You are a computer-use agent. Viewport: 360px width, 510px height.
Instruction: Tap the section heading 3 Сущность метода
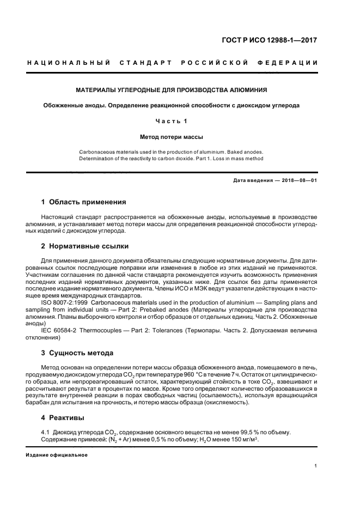pyautogui.click(x=77, y=353)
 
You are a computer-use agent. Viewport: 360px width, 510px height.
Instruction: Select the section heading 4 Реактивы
pyautogui.click(x=63, y=418)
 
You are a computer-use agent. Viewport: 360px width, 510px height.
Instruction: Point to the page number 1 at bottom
pyautogui.click(x=316, y=466)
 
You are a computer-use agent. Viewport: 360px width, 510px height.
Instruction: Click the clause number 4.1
pyautogui.click(x=46, y=432)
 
